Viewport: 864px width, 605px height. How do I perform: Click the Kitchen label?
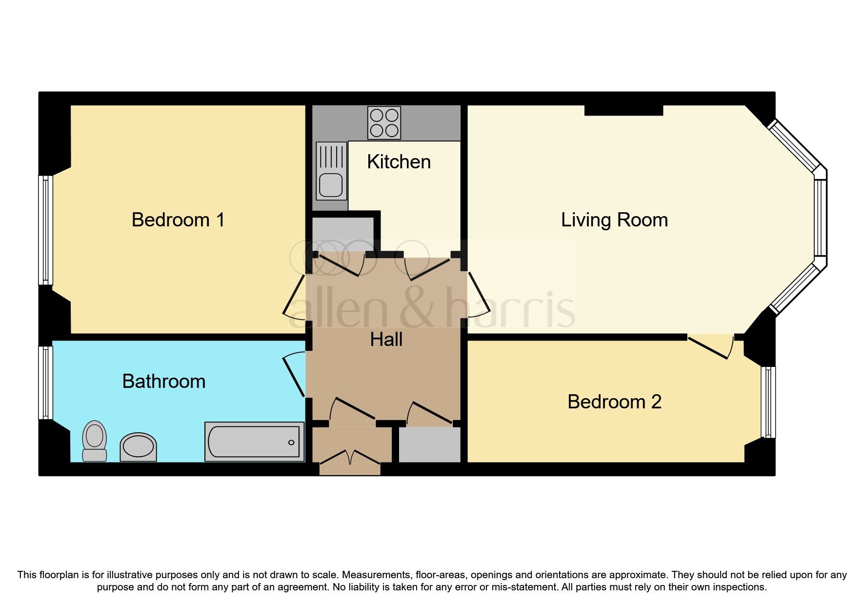tap(399, 162)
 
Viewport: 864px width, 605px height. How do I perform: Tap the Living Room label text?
tap(614, 220)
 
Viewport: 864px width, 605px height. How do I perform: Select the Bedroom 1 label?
tap(178, 220)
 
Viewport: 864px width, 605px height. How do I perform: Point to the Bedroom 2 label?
tap(614, 402)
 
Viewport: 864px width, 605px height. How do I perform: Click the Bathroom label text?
tap(163, 382)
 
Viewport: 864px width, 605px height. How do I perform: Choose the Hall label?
tap(386, 340)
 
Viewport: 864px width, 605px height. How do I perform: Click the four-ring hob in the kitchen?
tap(384, 123)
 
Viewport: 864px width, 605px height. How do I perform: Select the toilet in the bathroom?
tap(95, 441)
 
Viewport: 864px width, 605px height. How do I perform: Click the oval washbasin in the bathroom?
tap(138, 446)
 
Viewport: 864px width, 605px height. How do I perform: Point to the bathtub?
tap(254, 442)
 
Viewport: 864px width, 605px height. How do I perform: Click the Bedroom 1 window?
tap(46, 230)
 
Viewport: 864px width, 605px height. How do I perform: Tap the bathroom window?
tap(46, 383)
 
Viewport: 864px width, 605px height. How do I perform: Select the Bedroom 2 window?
tap(768, 402)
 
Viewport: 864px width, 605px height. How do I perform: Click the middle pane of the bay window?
tap(821, 218)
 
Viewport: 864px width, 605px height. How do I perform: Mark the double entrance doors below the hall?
tap(350, 459)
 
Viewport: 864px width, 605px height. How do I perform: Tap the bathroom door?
tap(295, 375)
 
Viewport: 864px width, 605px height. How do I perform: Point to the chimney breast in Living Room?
tap(623, 110)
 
